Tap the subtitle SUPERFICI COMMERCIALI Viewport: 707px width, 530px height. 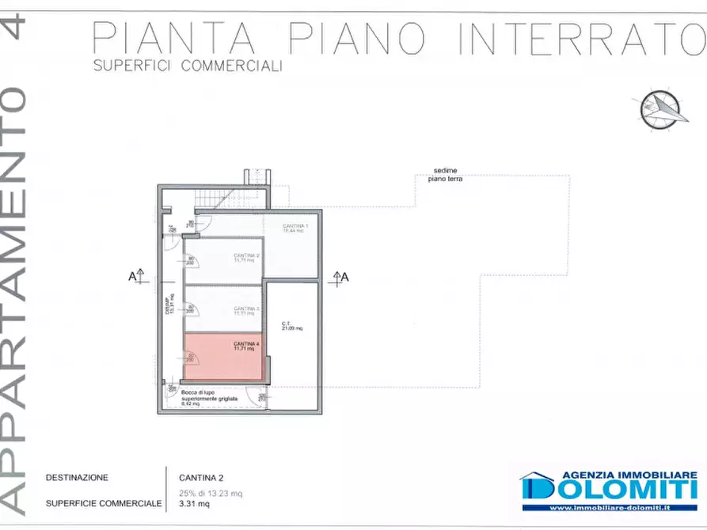[x=188, y=66]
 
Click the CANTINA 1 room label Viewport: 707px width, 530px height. [x=295, y=228]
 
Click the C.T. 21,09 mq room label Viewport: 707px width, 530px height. [x=291, y=325]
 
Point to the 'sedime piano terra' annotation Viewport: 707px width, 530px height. [x=446, y=175]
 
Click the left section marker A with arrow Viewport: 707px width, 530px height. [x=135, y=276]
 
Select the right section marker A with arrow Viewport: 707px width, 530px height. [x=340, y=276]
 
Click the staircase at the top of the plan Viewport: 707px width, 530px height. [x=230, y=195]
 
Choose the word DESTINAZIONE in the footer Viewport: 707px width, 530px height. [x=77, y=477]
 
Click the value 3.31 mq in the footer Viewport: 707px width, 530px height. [x=194, y=503]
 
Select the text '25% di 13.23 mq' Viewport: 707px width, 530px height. [x=210, y=493]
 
